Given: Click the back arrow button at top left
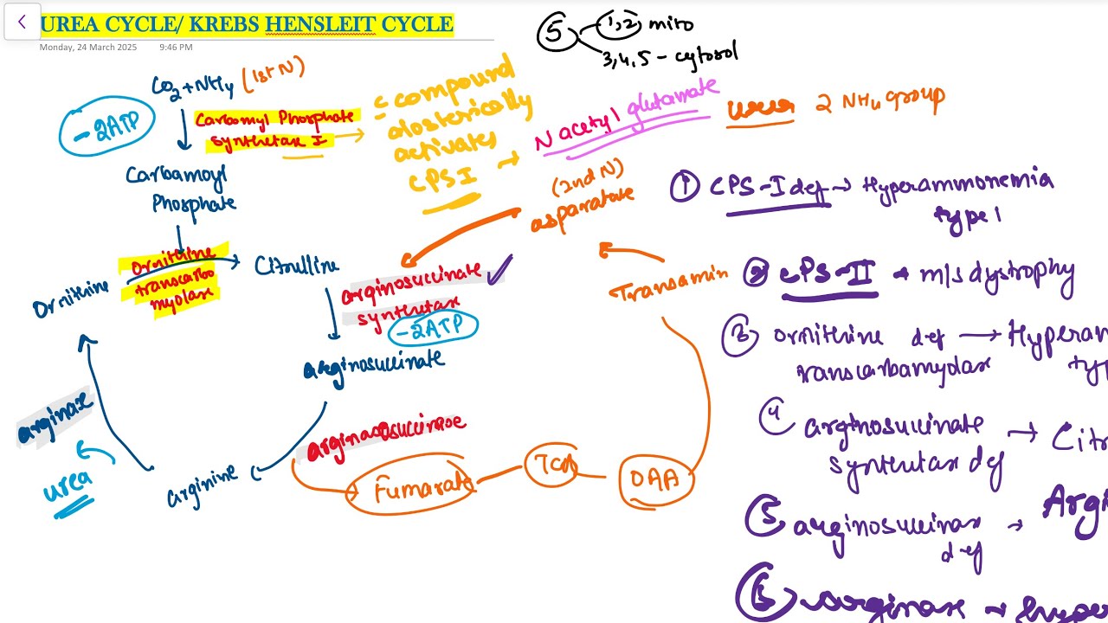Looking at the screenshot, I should click(x=22, y=22).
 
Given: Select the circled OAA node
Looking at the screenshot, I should click(x=655, y=478).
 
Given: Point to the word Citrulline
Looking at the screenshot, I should click(x=296, y=265).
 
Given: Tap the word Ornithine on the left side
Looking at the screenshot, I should click(x=71, y=299).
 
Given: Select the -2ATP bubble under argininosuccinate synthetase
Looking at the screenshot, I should click(x=432, y=327).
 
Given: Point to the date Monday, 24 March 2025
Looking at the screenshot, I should click(x=87, y=47).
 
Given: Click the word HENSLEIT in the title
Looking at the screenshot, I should click(x=320, y=23).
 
